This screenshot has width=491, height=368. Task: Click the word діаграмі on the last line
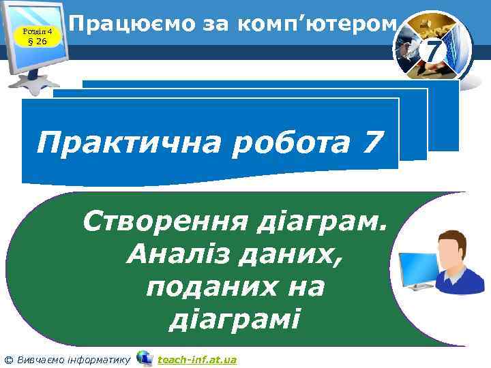coord(235,318)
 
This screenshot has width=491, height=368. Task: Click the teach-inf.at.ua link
coord(197,359)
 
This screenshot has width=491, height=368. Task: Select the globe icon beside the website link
coord(144,358)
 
